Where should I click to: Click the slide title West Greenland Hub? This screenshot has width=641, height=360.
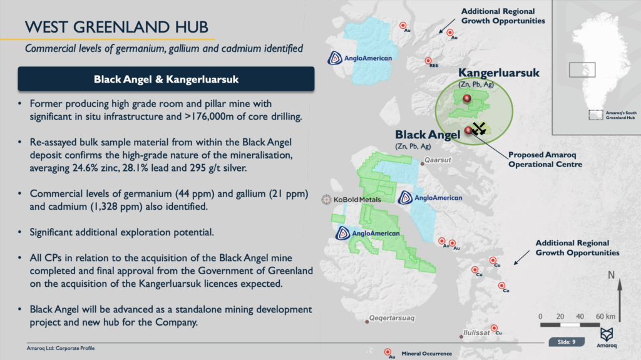click(x=116, y=27)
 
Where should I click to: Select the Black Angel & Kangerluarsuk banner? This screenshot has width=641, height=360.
click(x=166, y=79)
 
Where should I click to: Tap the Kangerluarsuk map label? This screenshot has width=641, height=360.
click(x=499, y=73)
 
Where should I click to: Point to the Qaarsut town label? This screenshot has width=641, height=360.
click(x=438, y=160)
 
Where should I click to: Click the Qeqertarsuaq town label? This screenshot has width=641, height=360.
click(x=392, y=318)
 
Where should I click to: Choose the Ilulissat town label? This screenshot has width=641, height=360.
click(x=476, y=332)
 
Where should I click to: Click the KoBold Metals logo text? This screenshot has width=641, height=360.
click(x=357, y=200)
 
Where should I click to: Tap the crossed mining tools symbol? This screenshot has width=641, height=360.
click(x=479, y=128)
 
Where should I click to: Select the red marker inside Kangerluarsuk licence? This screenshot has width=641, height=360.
click(x=467, y=98)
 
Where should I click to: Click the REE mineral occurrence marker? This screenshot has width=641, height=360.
click(x=428, y=61)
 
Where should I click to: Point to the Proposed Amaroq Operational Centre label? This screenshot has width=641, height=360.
click(x=545, y=160)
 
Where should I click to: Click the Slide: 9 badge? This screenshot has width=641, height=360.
click(x=566, y=342)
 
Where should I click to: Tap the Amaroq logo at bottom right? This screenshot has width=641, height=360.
click(x=606, y=337)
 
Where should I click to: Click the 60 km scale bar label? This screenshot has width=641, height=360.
click(x=605, y=316)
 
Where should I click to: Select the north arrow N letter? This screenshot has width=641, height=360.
click(x=611, y=275)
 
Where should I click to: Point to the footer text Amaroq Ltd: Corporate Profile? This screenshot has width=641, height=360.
click(x=61, y=348)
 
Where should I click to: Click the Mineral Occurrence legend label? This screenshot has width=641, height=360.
click(x=426, y=354)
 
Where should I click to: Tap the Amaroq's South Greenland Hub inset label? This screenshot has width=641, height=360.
click(x=621, y=115)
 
